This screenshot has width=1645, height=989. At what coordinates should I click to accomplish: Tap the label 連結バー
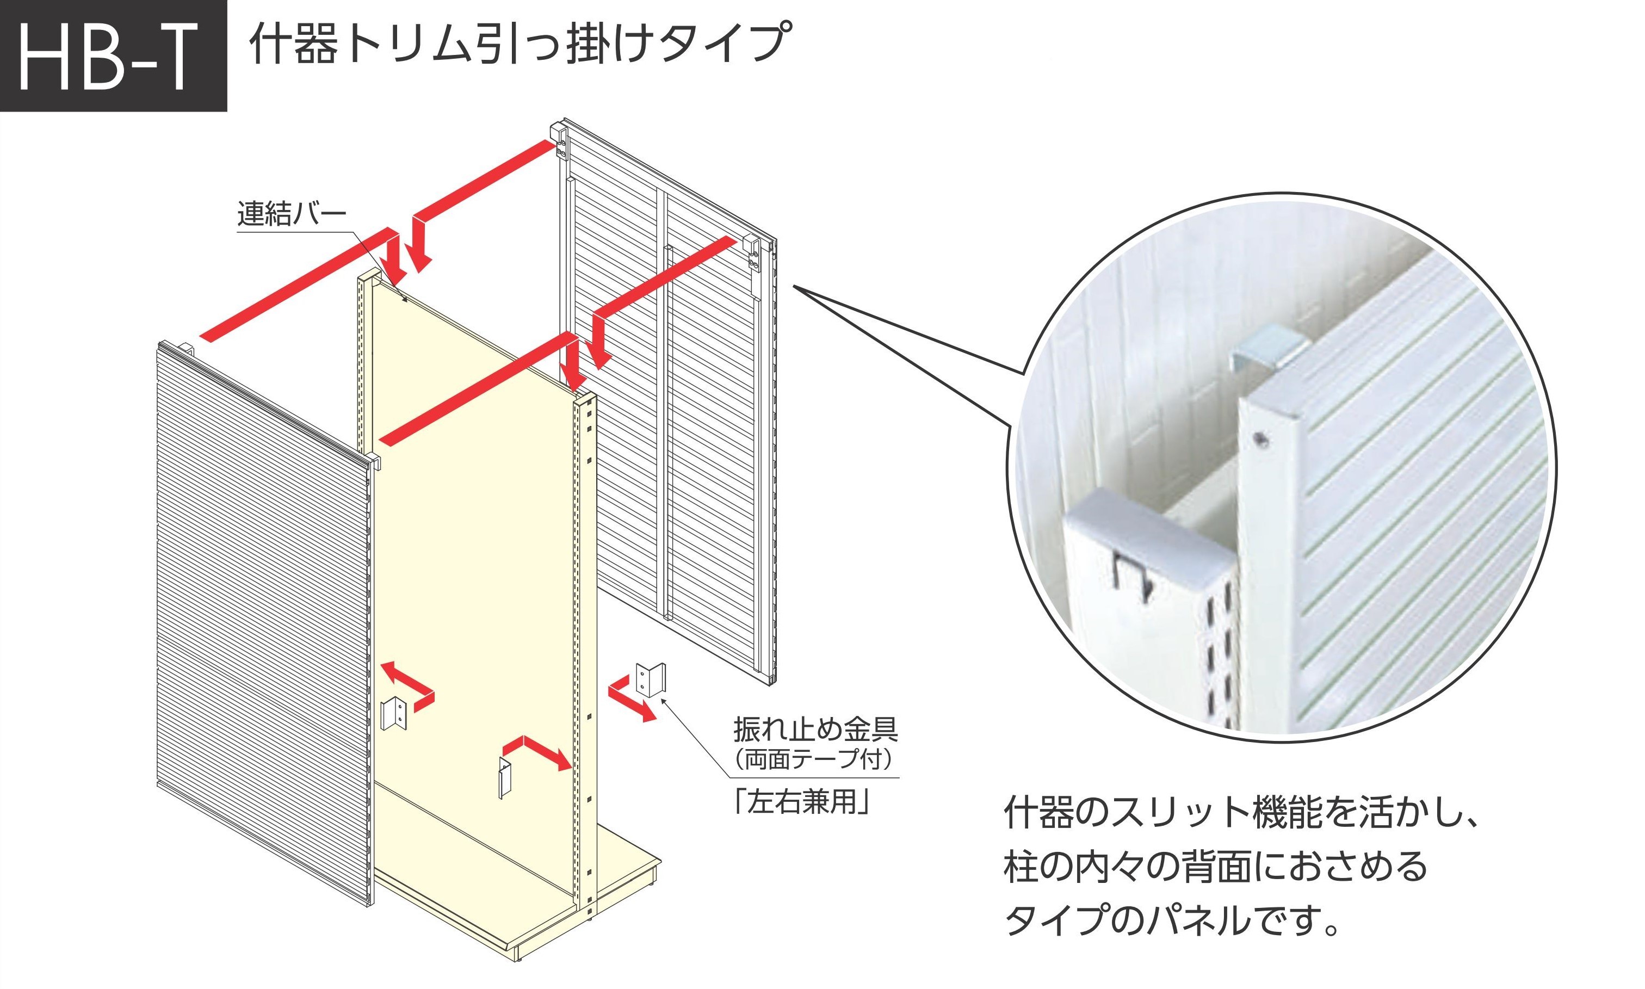292,214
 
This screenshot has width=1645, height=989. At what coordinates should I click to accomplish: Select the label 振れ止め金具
815,729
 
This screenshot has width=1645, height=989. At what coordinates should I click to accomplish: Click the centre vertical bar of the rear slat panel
662,400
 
